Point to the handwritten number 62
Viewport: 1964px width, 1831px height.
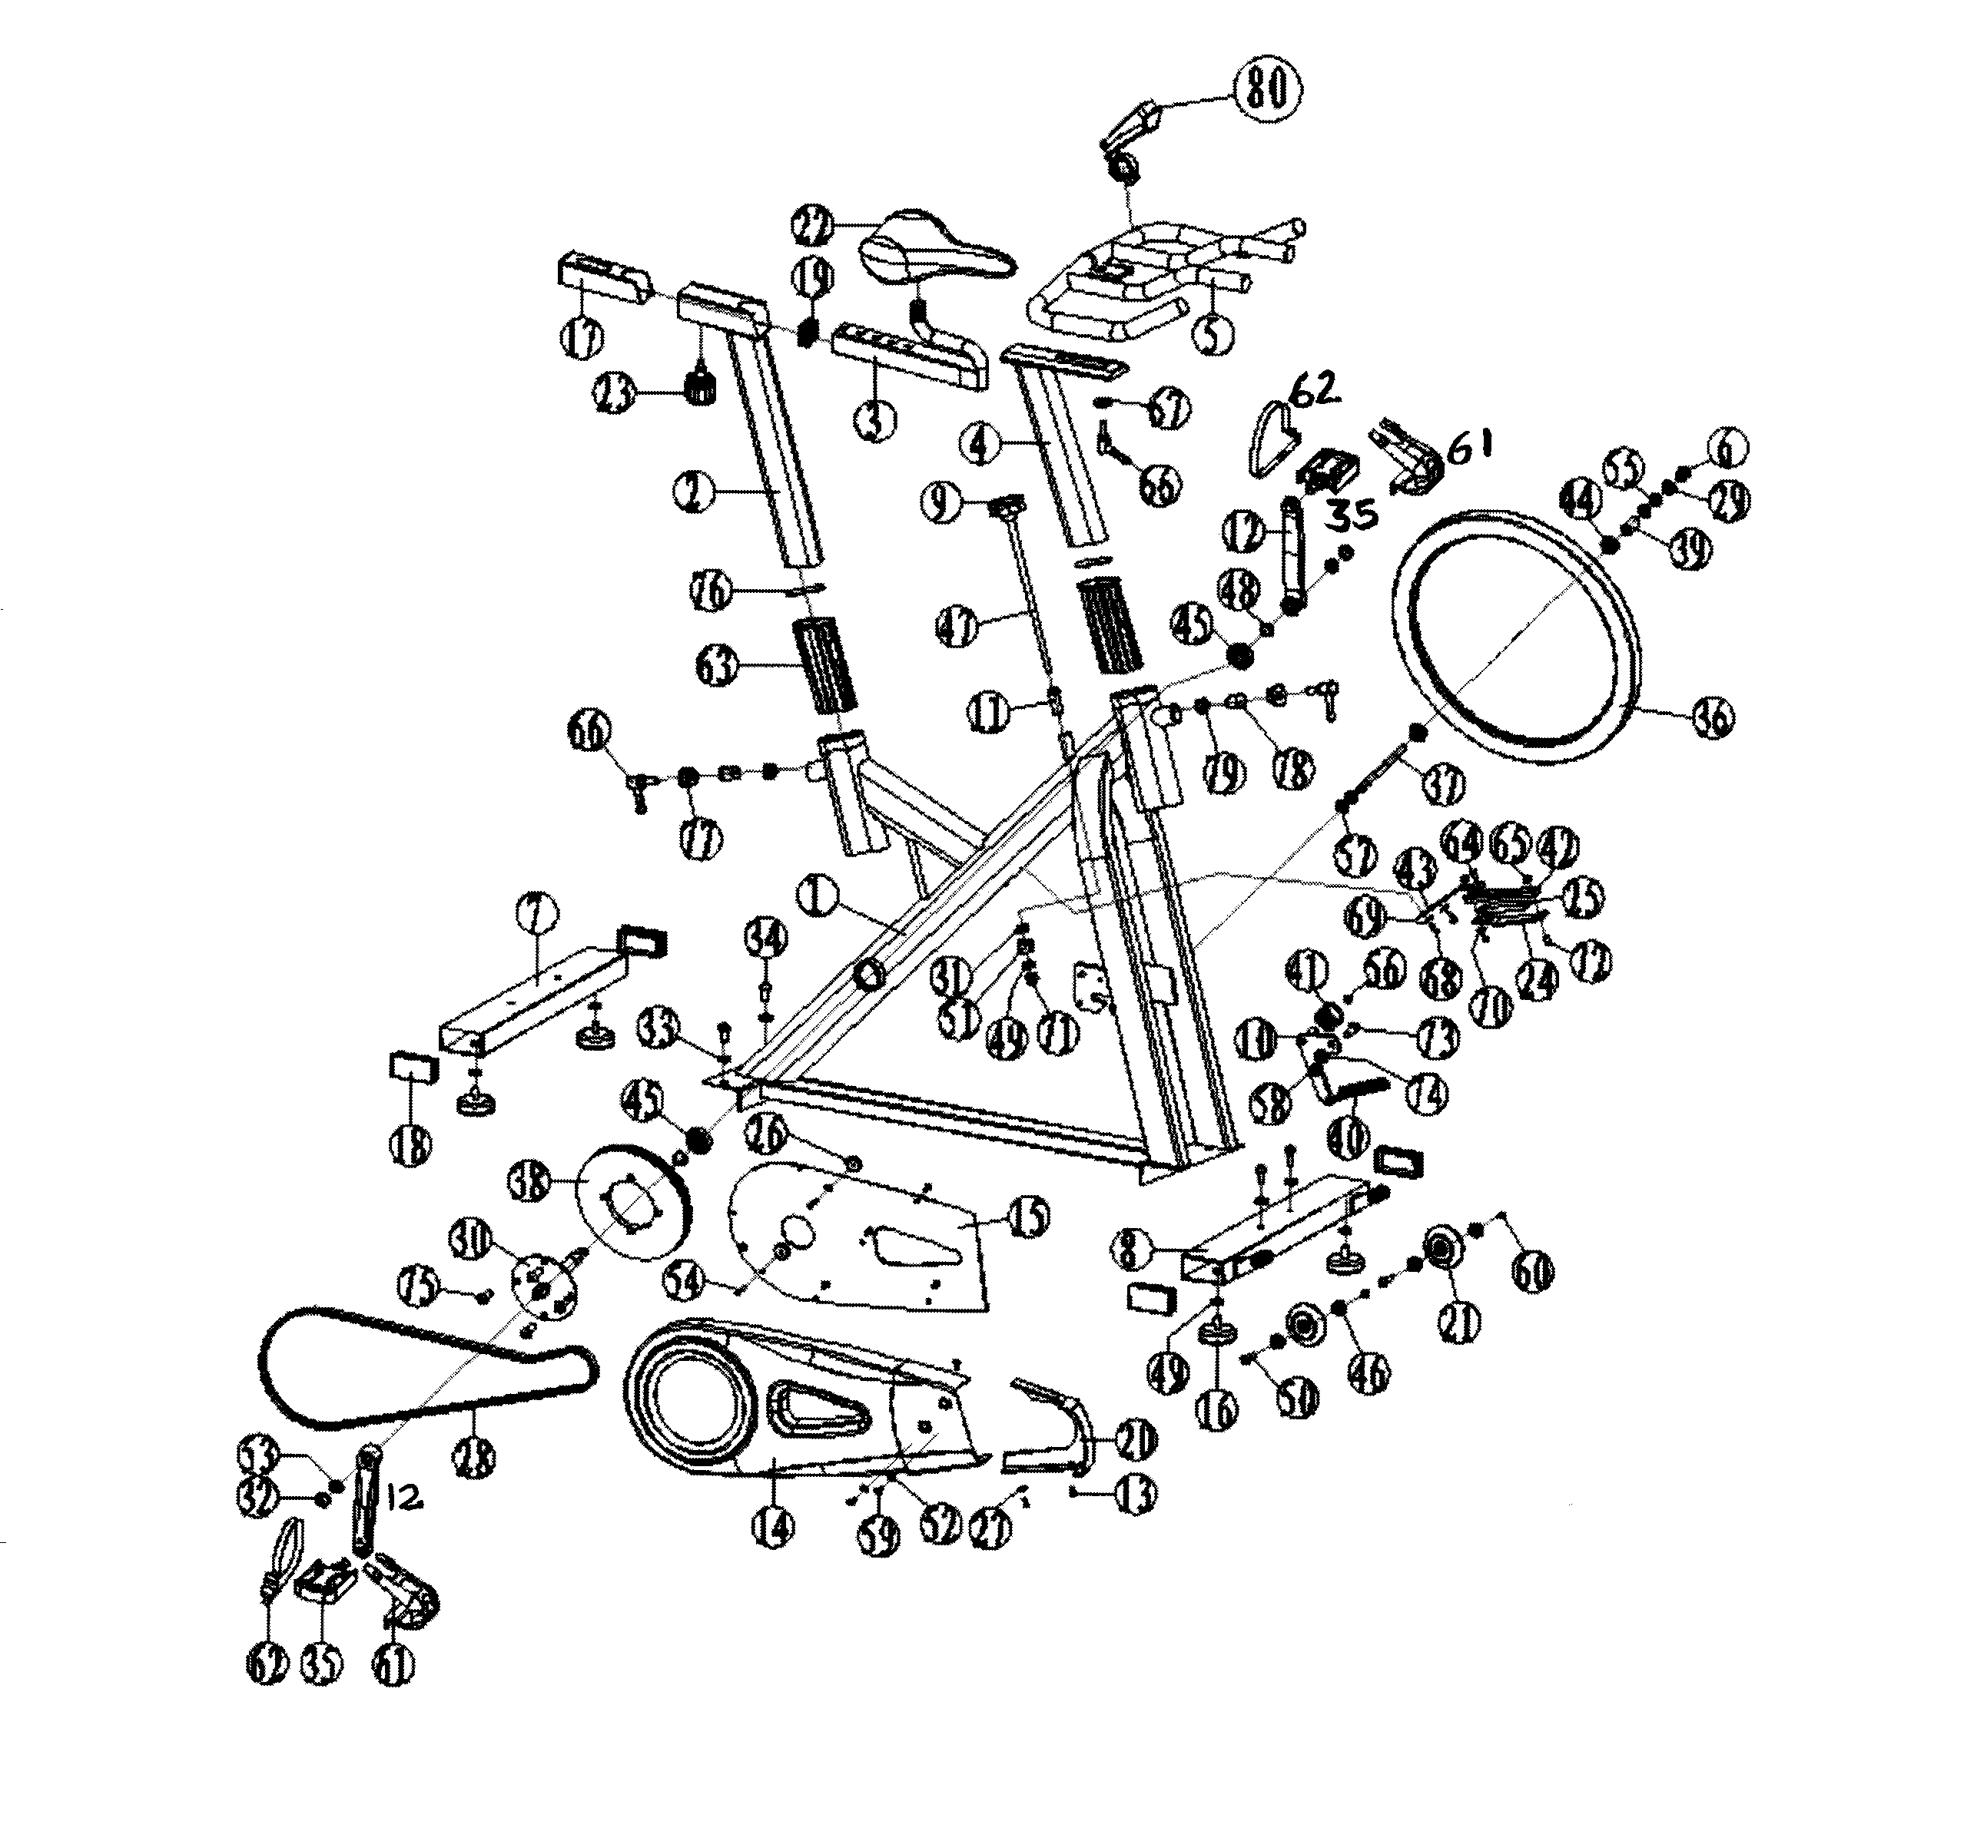pyautogui.click(x=1314, y=393)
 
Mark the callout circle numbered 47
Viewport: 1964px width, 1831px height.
pyautogui.click(x=959, y=625)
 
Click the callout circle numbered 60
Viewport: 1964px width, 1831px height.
pyautogui.click(x=1531, y=1272)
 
